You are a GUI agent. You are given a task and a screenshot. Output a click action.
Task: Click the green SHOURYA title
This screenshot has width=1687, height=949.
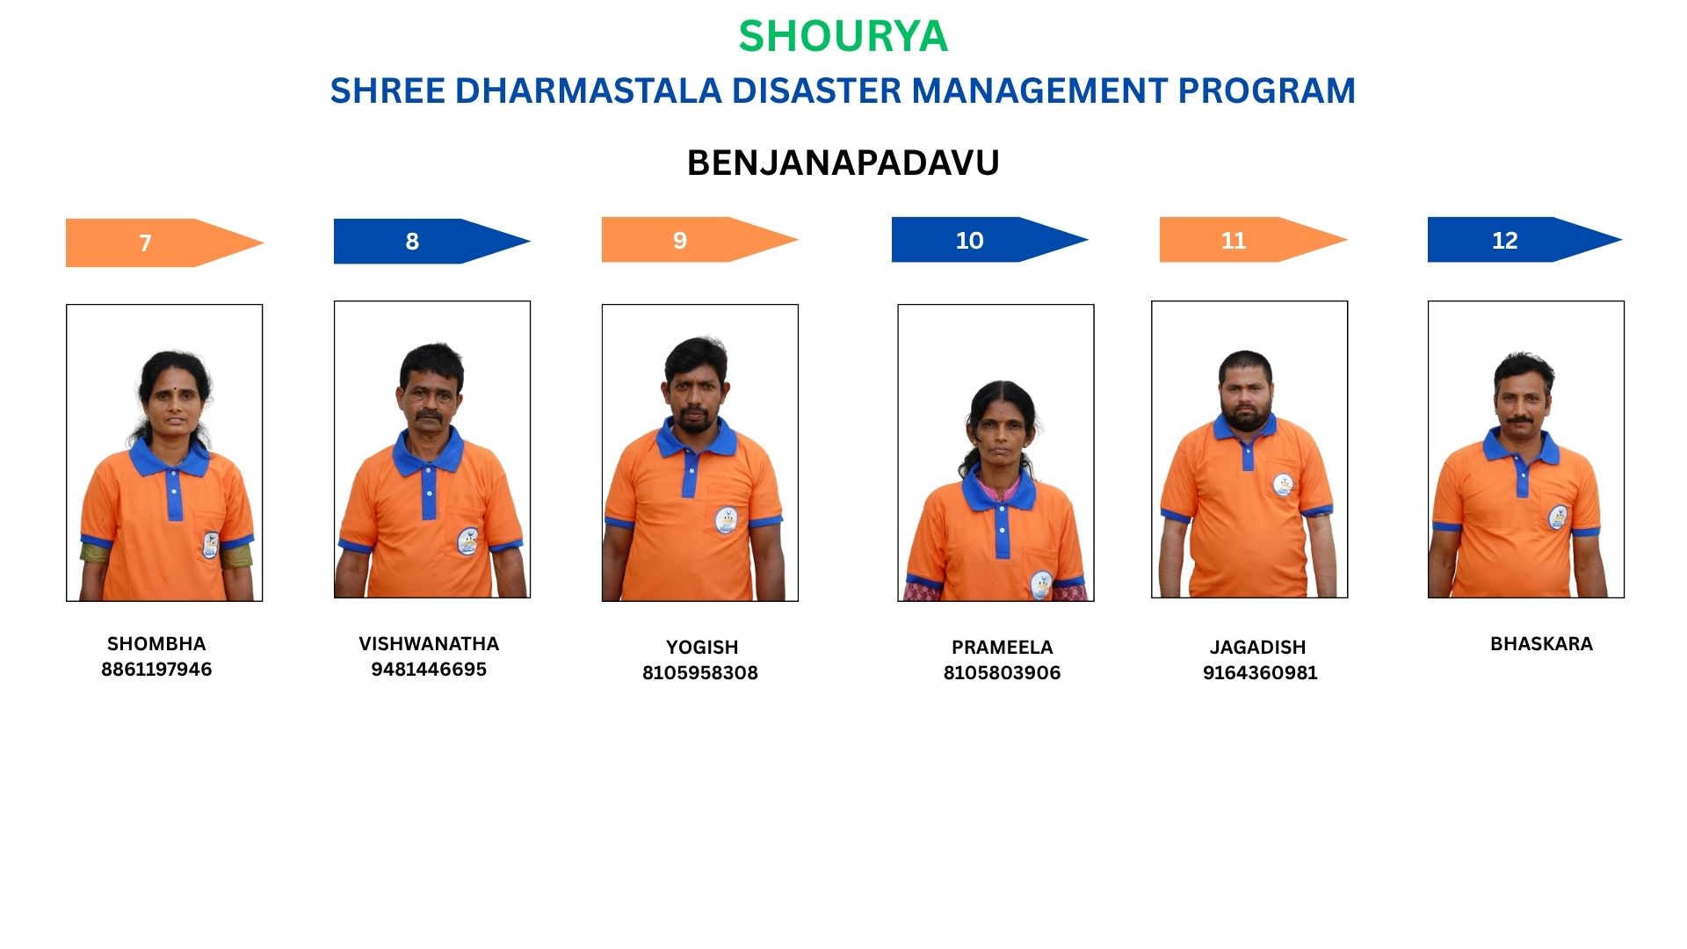coord(843,36)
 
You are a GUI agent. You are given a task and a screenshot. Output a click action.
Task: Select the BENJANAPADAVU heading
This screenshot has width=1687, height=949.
coord(843,163)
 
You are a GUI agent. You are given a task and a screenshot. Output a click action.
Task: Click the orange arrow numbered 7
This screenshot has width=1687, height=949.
coord(164,243)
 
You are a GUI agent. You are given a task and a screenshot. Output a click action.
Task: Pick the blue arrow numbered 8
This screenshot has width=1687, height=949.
coord(432,241)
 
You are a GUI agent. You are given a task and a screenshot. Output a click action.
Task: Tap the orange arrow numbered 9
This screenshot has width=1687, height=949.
coord(699,240)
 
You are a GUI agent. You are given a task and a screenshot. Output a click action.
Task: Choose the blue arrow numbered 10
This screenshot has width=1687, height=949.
coord(990,240)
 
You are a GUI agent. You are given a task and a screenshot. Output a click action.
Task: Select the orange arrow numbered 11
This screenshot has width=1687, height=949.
coord(1254,240)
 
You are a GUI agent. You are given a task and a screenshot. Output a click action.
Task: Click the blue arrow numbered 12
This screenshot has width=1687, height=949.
coord(1525,240)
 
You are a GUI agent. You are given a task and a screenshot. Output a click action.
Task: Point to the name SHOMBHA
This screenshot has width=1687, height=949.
coord(156,644)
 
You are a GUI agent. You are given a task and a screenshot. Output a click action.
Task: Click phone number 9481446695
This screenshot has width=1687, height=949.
coord(429,670)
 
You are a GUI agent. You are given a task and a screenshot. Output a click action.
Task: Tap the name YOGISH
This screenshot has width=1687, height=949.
coord(702,648)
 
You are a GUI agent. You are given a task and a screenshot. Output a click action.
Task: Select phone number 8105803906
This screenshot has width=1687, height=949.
coord(1002,673)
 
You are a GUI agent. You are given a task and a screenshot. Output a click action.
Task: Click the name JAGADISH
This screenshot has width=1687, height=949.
coord(1258,648)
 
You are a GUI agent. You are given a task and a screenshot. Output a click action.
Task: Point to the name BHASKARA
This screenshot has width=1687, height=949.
coord(1541,644)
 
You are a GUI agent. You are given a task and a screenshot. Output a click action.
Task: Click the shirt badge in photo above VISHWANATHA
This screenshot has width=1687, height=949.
coord(469,541)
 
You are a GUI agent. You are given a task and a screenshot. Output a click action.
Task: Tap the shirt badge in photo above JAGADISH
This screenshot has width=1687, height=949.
coord(1283,485)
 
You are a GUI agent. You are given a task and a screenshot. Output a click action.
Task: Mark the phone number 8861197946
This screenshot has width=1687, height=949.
coord(156,670)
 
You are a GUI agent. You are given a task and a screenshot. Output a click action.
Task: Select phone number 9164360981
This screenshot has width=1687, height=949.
coord(1260,673)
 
